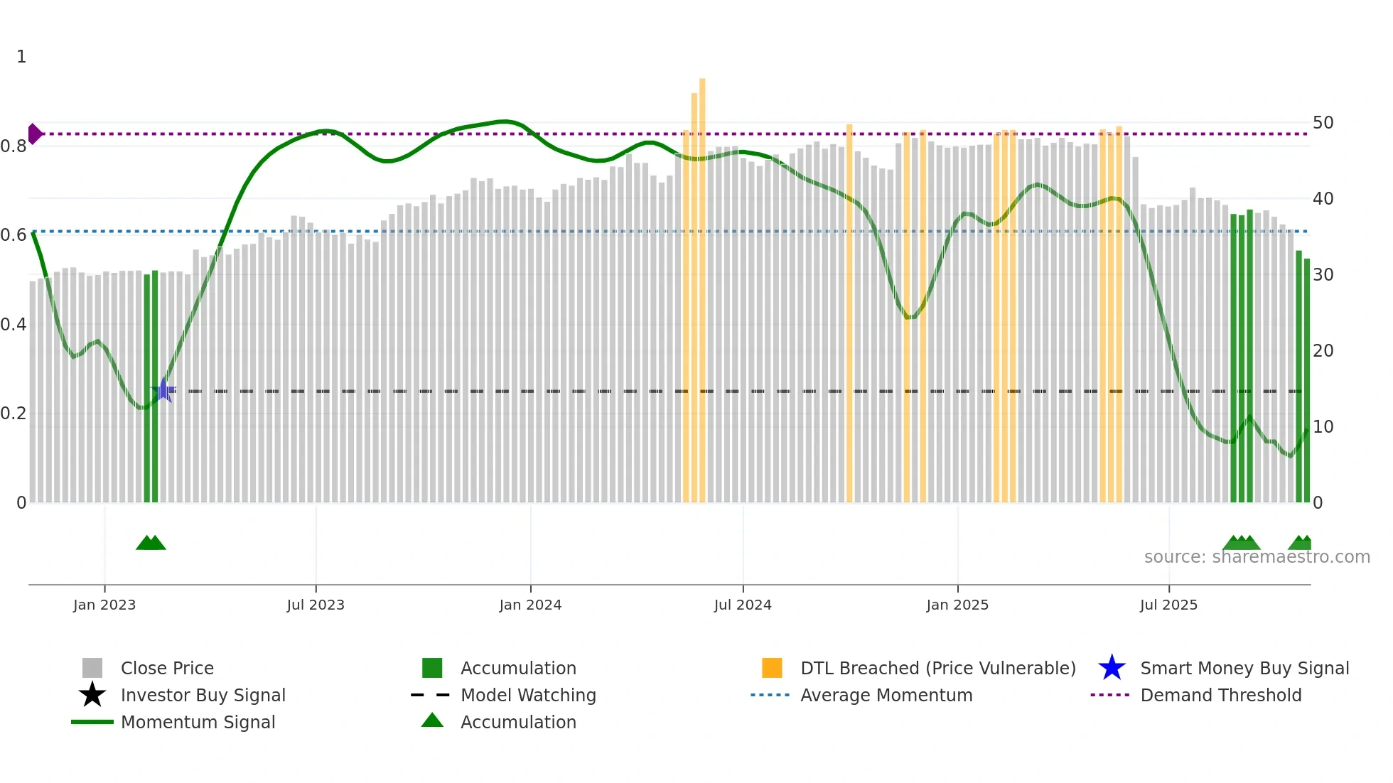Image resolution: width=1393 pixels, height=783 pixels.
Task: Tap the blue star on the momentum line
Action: pyautogui.click(x=163, y=390)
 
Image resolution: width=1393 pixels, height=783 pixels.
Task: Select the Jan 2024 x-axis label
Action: pyautogui.click(x=530, y=605)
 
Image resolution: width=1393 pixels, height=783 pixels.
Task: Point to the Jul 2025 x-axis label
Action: pyautogui.click(x=1168, y=605)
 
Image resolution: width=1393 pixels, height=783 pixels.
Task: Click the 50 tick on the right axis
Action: pyautogui.click(x=1323, y=123)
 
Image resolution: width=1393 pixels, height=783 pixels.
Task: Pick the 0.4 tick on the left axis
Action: pyautogui.click(x=14, y=325)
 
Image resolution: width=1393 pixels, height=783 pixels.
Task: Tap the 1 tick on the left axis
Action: pyautogui.click(x=21, y=57)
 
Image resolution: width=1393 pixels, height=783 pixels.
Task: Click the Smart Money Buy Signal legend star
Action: pyautogui.click(x=1112, y=668)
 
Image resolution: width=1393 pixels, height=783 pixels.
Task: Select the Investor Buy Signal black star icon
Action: pyautogui.click(x=92, y=695)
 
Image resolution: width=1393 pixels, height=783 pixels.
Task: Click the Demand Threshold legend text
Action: pyautogui.click(x=1220, y=695)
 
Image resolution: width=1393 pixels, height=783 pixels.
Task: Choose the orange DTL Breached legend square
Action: pyautogui.click(x=772, y=668)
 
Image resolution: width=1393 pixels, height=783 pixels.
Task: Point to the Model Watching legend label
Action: pyautogui.click(x=528, y=695)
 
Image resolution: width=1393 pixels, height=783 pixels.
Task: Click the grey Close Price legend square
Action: pyautogui.click(x=92, y=668)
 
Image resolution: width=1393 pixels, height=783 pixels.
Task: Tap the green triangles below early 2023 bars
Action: pyautogui.click(x=151, y=544)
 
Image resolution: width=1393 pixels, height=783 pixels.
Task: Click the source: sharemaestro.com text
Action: pyautogui.click(x=1257, y=557)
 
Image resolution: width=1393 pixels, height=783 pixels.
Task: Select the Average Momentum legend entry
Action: pyautogui.click(x=886, y=695)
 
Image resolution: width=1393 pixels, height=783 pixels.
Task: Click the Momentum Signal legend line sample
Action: pyautogui.click(x=92, y=722)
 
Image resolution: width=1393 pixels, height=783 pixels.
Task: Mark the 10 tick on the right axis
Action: pyautogui.click(x=1323, y=427)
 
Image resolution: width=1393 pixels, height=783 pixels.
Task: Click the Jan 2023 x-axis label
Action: pyautogui.click(x=104, y=605)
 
